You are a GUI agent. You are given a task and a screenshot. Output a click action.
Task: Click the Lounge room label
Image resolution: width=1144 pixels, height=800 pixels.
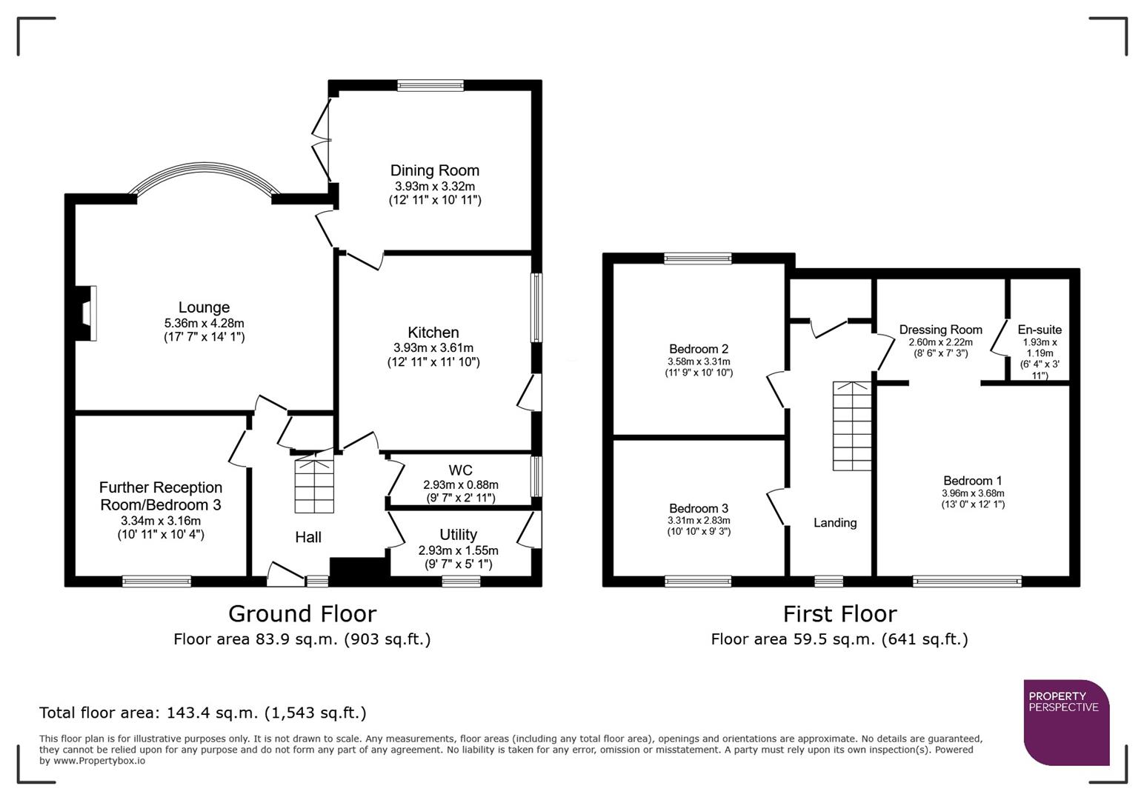coord(204,307)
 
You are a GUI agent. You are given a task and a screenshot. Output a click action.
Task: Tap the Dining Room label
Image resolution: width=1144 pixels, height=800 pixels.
coord(434,170)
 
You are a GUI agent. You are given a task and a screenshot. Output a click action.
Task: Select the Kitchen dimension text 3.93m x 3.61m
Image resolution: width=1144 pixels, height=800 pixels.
coord(433,347)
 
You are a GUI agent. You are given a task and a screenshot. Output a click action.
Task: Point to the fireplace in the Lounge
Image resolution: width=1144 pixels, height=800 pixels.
coord(87,313)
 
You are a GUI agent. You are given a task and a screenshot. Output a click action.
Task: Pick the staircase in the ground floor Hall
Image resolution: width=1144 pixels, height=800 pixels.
coord(314,485)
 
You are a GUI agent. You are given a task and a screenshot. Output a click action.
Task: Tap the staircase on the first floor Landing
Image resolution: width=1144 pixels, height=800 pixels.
coord(852,426)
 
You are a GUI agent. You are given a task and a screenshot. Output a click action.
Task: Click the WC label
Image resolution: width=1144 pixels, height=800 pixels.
coord(460,470)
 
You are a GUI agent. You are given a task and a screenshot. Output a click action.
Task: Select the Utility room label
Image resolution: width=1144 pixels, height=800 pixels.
coord(458,534)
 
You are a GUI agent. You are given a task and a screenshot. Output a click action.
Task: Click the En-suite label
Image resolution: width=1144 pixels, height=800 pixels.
coord(1039,330)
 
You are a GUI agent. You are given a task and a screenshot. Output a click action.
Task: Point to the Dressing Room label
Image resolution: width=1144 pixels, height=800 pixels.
coord(940,330)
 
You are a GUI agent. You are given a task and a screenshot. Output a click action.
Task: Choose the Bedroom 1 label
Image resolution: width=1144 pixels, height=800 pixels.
coord(973,481)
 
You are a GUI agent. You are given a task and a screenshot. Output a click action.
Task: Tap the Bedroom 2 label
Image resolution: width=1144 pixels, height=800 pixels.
coord(698,349)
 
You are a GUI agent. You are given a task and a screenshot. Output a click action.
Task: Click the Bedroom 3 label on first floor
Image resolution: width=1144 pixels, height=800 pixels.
coord(698,508)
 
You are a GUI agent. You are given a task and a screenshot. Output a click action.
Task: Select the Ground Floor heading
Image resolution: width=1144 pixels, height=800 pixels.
coord(302,613)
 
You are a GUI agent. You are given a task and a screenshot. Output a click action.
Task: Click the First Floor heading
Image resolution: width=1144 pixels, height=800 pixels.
coord(839,613)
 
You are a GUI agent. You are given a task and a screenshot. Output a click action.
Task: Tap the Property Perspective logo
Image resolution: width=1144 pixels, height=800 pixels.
coord(1065,722)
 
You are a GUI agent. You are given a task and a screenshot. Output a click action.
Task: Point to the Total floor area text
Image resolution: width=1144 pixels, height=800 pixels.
coord(202,713)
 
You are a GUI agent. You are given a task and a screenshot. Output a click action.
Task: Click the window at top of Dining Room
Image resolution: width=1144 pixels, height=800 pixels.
coord(430,86)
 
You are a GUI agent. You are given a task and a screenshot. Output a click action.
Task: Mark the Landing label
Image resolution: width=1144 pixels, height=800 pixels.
coord(835,522)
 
